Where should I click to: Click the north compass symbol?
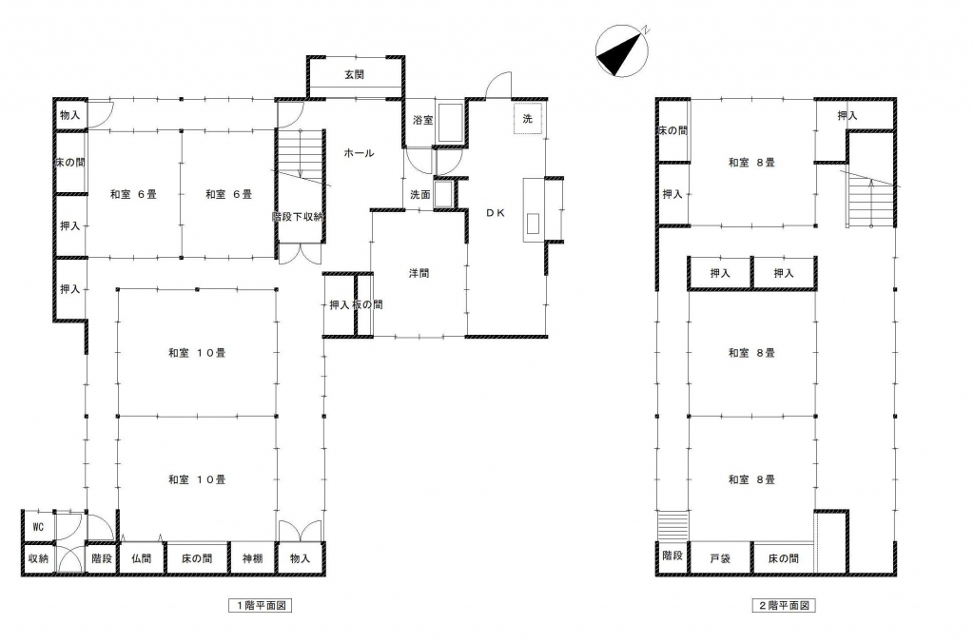click(622, 51)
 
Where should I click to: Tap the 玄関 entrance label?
click(355, 74)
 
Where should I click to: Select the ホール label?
click(359, 153)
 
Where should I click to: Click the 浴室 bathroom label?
click(423, 120)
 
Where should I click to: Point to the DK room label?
click(495, 213)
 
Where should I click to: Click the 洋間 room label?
click(419, 273)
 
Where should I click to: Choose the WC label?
click(38, 527)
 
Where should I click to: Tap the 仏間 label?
click(142, 558)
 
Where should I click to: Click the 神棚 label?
click(252, 558)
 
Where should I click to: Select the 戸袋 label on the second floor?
click(720, 558)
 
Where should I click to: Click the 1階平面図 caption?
click(261, 605)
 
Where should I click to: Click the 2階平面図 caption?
click(784, 605)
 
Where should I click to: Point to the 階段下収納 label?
click(298, 217)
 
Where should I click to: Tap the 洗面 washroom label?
click(419, 194)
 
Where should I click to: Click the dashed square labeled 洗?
click(527, 119)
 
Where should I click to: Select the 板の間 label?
click(368, 304)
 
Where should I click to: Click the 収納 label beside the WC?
click(38, 558)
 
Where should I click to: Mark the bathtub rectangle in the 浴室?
click(450, 122)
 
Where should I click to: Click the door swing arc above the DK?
click(497, 81)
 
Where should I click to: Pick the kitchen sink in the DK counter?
click(533, 224)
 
